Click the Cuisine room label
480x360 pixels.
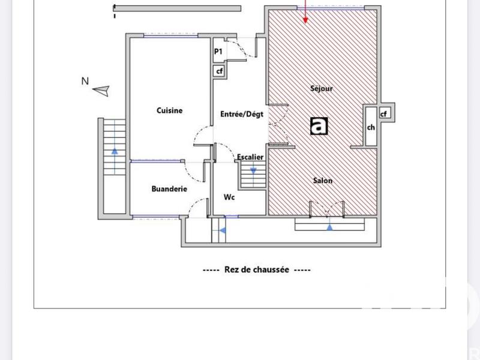click(x=169, y=110)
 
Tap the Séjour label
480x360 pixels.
click(x=322, y=88)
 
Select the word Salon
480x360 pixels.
click(x=322, y=180)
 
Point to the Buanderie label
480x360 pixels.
click(x=169, y=188)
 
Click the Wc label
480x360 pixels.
click(x=229, y=197)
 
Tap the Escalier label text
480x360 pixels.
click(x=250, y=157)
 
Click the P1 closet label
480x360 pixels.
click(x=218, y=52)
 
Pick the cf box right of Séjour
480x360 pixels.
click(x=383, y=113)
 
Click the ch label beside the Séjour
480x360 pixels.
click(x=371, y=127)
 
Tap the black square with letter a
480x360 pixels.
click(x=319, y=125)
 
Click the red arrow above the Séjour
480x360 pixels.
click(x=306, y=12)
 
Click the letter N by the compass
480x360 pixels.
click(x=85, y=81)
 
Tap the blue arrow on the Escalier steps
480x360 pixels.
click(x=253, y=170)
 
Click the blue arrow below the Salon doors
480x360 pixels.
click(x=329, y=227)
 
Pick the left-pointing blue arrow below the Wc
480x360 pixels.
click(x=222, y=229)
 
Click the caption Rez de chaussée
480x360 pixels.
click(x=256, y=270)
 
